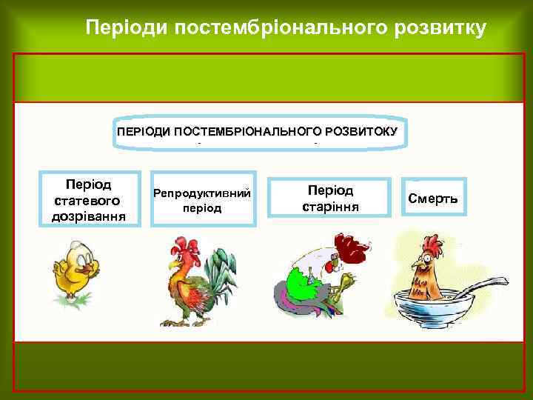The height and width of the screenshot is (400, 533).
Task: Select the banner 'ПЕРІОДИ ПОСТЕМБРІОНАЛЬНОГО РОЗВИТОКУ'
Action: coord(257,132)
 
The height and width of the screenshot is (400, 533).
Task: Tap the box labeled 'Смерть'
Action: coord(433,198)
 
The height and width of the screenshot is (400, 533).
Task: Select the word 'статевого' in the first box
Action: coord(87,201)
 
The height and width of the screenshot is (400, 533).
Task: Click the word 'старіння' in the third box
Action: coord(330,207)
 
